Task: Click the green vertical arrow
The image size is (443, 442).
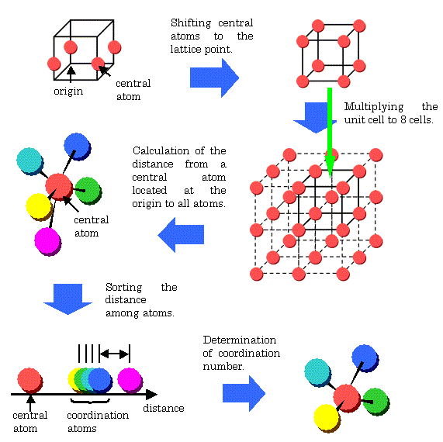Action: coord(330,133)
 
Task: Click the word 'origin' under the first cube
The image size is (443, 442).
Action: coord(68,92)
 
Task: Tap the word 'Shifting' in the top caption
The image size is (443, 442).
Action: coord(191,23)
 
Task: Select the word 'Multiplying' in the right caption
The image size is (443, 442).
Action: coord(374,107)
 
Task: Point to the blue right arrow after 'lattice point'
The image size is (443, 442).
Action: coord(214,78)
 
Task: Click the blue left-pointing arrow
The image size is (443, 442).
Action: coord(181,235)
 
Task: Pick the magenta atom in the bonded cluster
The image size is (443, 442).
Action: coord(48,241)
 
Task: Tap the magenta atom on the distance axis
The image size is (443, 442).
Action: coord(130,380)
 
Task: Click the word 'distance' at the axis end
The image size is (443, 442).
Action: coord(164,408)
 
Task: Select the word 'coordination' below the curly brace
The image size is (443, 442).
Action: coord(98,415)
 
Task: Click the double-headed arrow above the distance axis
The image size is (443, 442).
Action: coord(114,354)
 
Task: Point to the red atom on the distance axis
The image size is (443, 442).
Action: coord(30,381)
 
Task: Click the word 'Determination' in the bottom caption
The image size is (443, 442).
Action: coord(240,340)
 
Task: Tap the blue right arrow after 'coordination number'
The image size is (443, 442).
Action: coord(244,393)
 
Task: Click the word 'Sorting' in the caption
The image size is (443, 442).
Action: coord(124,288)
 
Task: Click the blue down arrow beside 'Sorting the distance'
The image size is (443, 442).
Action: coord(67,299)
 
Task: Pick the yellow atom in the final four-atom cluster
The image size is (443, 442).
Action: coord(327,418)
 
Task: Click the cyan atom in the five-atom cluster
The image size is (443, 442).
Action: coord(29,161)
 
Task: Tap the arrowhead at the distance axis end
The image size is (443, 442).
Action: coord(151,394)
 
